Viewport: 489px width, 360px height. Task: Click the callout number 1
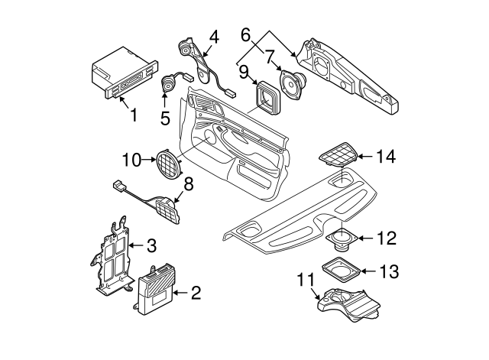(133, 116)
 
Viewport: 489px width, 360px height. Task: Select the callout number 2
(195, 292)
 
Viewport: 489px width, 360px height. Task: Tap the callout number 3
(151, 245)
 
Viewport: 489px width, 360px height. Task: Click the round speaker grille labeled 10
(168, 162)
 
